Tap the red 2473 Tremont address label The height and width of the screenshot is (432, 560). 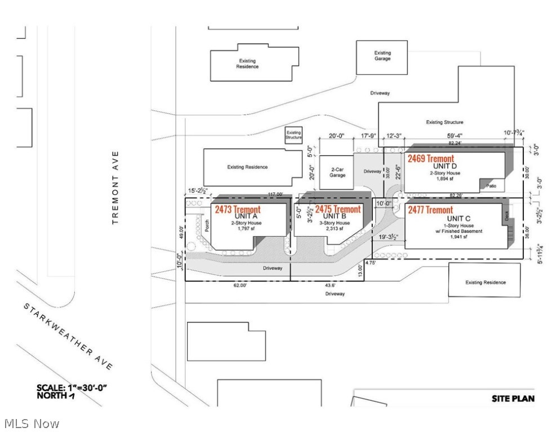238,210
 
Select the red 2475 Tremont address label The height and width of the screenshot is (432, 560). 338,209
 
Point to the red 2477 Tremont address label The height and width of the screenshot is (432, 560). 431,210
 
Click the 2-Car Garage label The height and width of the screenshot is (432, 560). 337,172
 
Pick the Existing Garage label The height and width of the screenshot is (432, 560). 383,56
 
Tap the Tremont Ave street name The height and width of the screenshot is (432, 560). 116,187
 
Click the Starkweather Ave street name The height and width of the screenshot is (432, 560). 68,336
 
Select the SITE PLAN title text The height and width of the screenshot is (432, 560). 513,399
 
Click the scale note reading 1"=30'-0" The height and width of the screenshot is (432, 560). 72,388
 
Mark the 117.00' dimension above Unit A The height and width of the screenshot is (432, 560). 275,195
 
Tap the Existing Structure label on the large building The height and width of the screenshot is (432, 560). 445,122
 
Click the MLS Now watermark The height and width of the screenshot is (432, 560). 31,423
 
